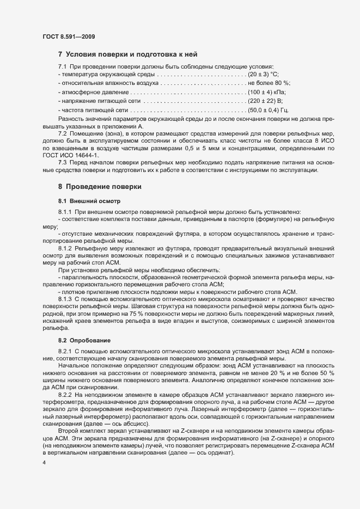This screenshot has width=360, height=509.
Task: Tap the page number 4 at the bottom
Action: click(x=44, y=463)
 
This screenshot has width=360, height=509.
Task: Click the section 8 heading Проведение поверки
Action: click(x=100, y=186)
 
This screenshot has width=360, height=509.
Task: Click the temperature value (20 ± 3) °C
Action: click(x=263, y=74)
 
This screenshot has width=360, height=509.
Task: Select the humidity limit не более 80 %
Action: click(x=269, y=83)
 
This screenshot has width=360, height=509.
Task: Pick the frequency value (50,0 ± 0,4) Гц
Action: click(x=268, y=111)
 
